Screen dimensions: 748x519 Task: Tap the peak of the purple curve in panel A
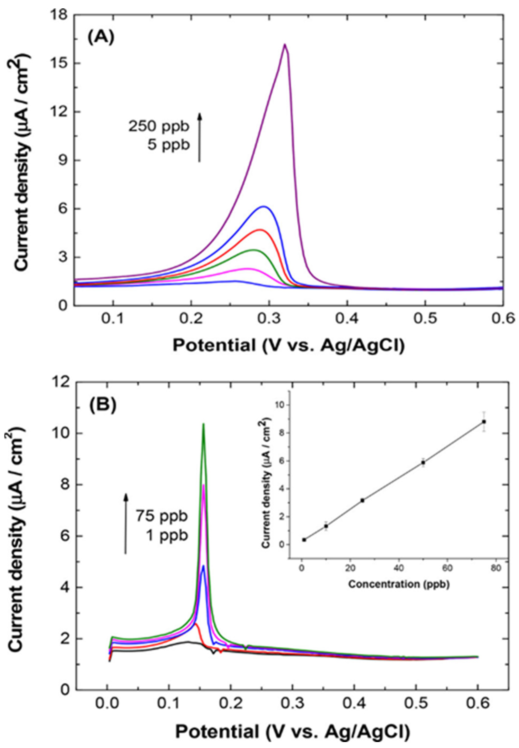click(x=285, y=45)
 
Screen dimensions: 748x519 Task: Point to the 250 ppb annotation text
click(x=159, y=127)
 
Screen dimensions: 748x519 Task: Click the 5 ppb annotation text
click(x=168, y=145)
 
